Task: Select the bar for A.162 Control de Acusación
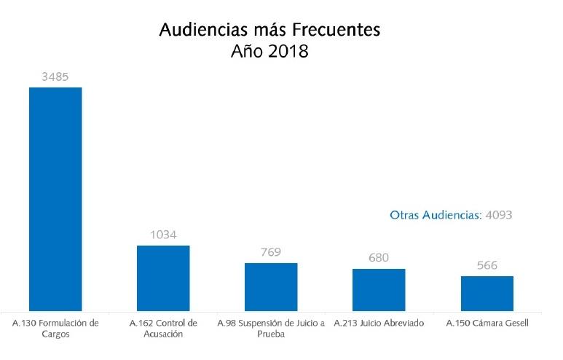coord(163,278)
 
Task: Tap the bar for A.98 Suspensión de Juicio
coord(271,286)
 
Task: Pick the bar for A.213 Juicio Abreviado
coord(379,289)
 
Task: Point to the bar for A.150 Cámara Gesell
coord(487,293)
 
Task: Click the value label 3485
coord(55,76)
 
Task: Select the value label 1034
coord(163,235)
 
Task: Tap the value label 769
coord(271,252)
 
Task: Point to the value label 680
coord(379,258)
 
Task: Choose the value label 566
coord(487,265)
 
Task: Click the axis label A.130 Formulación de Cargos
coord(55,328)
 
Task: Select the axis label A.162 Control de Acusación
coord(163,328)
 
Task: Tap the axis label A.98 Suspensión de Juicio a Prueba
coord(271,328)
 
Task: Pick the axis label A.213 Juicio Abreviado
coord(378,322)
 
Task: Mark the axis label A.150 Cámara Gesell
coord(487,322)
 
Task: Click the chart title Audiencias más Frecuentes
coord(269,31)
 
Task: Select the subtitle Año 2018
coord(269,52)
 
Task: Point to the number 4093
coord(500,215)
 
